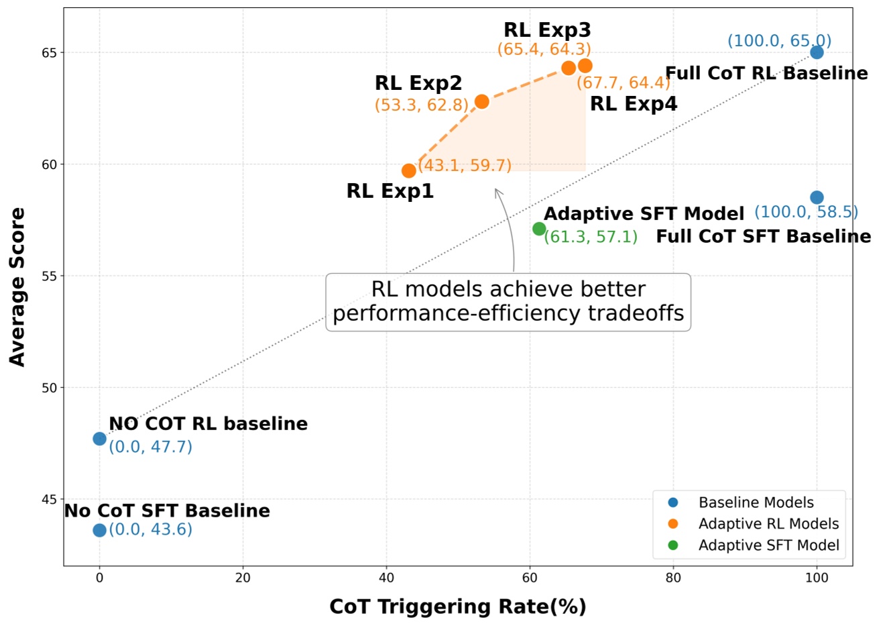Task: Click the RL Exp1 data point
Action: pyautogui.click(x=409, y=171)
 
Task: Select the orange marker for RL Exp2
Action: pyautogui.click(x=481, y=101)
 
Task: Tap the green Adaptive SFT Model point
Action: pyautogui.click(x=539, y=229)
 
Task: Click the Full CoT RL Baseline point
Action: pyautogui.click(x=817, y=52)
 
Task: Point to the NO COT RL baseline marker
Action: pyautogui.click(x=99, y=439)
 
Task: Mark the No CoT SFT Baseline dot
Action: pyautogui.click(x=99, y=530)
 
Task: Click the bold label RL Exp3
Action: pyautogui.click(x=547, y=30)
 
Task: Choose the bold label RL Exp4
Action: pyautogui.click(x=633, y=104)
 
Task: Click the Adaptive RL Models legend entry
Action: pyautogui.click(x=768, y=524)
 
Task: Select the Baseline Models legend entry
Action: pyautogui.click(x=756, y=503)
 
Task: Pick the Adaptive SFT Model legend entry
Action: pyautogui.click(x=768, y=545)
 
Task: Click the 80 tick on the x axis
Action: pyautogui.click(x=672, y=578)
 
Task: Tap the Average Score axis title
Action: pyautogui.click(x=17, y=286)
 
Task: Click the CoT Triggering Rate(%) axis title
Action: pyautogui.click(x=458, y=607)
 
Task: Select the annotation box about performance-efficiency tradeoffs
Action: pyautogui.click(x=508, y=301)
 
